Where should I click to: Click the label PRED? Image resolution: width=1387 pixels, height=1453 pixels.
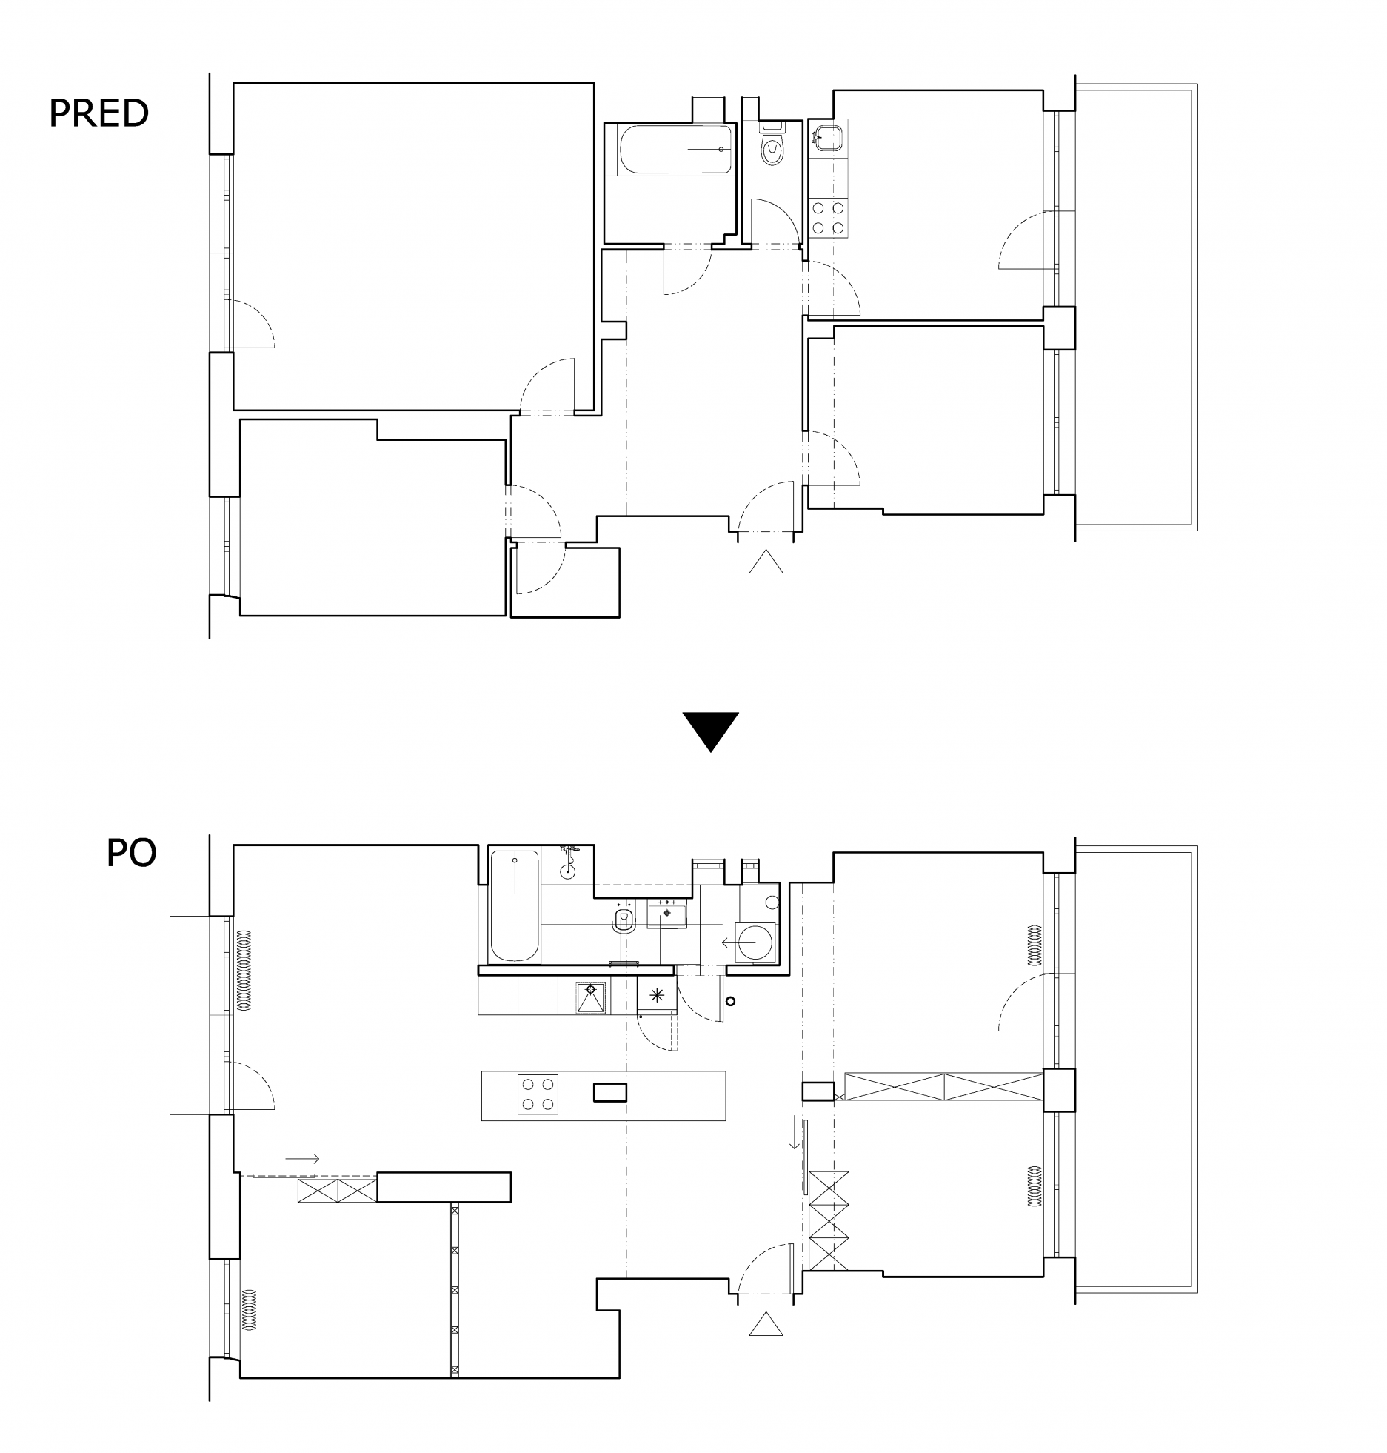tap(99, 113)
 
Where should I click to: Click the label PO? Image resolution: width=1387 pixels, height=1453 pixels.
tap(131, 853)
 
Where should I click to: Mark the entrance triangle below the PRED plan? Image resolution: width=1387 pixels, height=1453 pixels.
tap(766, 563)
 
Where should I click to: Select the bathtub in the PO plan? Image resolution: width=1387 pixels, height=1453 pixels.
tap(514, 905)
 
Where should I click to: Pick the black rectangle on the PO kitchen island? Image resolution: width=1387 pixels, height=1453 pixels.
tap(610, 1092)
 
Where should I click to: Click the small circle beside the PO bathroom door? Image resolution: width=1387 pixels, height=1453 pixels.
tap(731, 1002)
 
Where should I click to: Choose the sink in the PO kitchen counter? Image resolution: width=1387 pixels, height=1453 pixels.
tap(590, 997)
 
